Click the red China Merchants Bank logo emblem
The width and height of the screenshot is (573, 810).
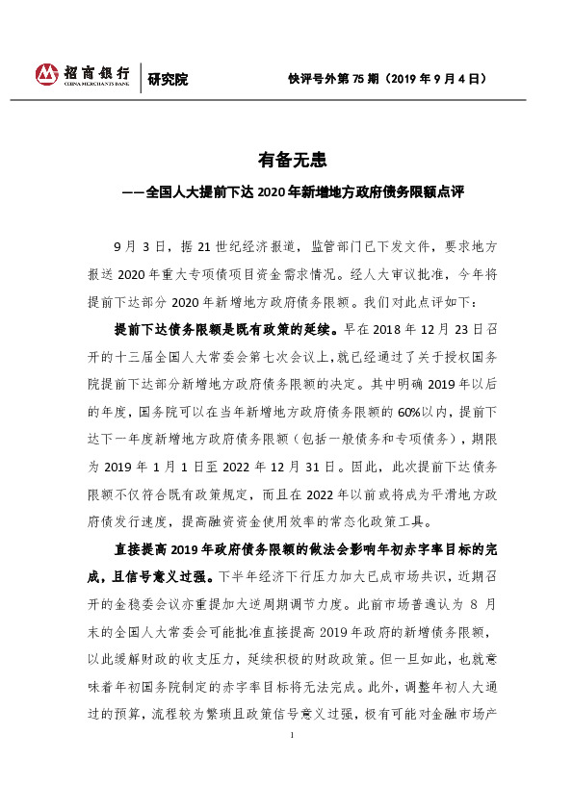tap(47, 75)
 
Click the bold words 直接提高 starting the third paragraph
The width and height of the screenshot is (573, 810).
tap(137, 552)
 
